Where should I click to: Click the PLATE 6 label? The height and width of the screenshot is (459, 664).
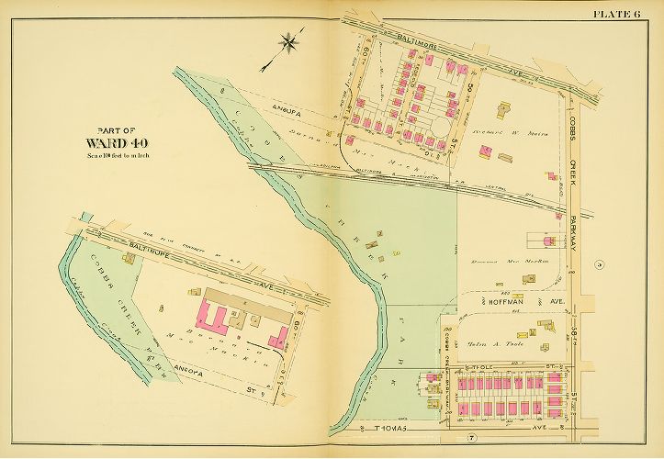click(x=623, y=13)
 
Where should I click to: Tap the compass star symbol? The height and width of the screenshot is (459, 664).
click(x=289, y=41)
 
